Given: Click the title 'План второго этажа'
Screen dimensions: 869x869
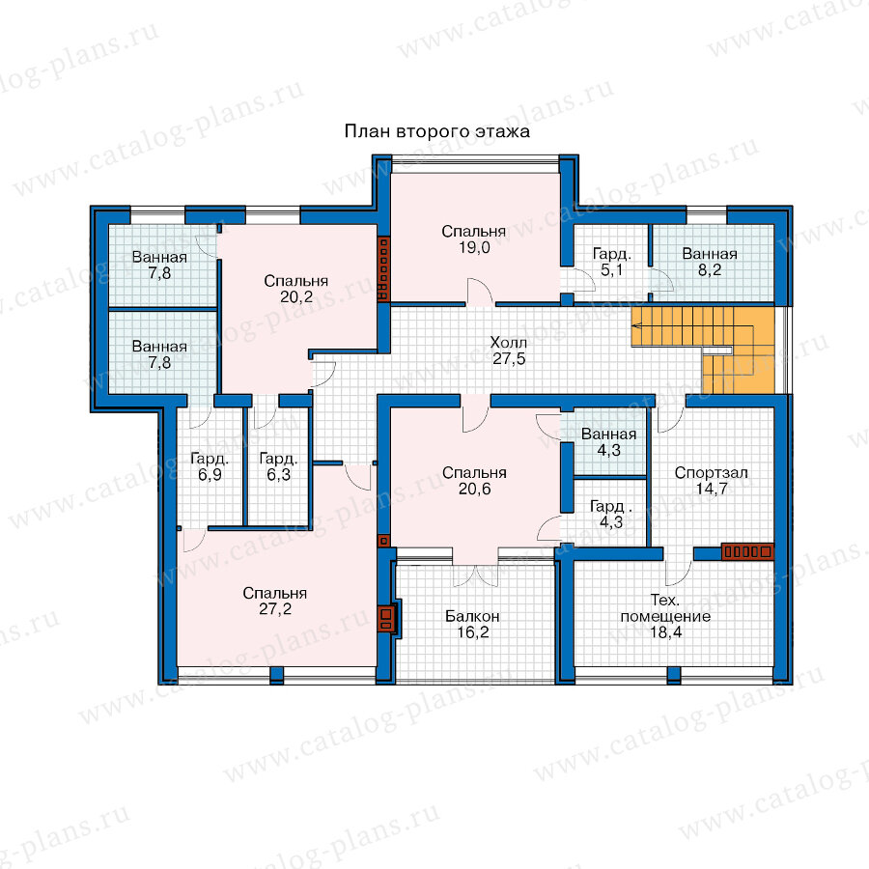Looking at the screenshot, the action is tap(436, 131).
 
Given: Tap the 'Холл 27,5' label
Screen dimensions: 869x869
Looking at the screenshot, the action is tap(509, 350).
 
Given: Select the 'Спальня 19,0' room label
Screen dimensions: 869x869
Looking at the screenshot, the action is tap(474, 239).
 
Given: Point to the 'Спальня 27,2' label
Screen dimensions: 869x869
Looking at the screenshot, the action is tap(275, 602).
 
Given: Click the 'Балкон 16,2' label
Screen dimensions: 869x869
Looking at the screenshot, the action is tap(473, 624).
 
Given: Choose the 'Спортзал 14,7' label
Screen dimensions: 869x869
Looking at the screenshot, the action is tap(711, 481).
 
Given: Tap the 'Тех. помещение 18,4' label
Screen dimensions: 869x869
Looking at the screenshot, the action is tap(665, 616).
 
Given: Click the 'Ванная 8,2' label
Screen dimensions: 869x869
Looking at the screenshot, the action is tap(710, 262).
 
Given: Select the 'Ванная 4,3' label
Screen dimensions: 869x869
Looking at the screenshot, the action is tap(608, 441).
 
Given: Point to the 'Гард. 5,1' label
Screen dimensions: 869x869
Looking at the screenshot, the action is tap(612, 262).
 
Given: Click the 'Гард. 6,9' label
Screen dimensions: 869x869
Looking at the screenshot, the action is tap(210, 466).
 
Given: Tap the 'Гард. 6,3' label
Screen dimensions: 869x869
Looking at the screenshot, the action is tap(278, 466).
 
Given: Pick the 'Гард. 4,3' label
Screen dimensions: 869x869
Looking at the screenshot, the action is tap(611, 514).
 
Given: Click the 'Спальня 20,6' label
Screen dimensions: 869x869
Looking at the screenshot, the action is tap(474, 481).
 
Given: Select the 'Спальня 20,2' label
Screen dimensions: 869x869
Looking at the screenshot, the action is tap(296, 289).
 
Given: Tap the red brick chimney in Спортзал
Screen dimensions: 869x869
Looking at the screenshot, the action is tap(747, 552).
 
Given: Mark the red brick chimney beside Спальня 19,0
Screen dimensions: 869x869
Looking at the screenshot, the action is tap(383, 269).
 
